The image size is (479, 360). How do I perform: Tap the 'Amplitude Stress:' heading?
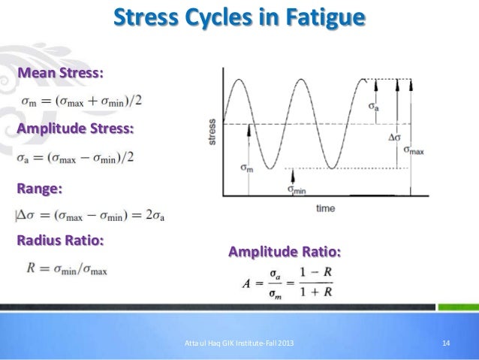[76, 129]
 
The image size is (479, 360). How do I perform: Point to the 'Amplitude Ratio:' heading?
[285, 251]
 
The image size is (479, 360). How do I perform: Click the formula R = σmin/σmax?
[67, 268]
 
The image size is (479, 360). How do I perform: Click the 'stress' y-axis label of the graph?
[213, 132]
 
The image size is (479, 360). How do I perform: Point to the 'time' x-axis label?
[325, 207]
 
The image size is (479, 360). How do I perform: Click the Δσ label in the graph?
[394, 137]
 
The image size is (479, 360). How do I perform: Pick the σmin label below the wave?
[297, 189]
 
